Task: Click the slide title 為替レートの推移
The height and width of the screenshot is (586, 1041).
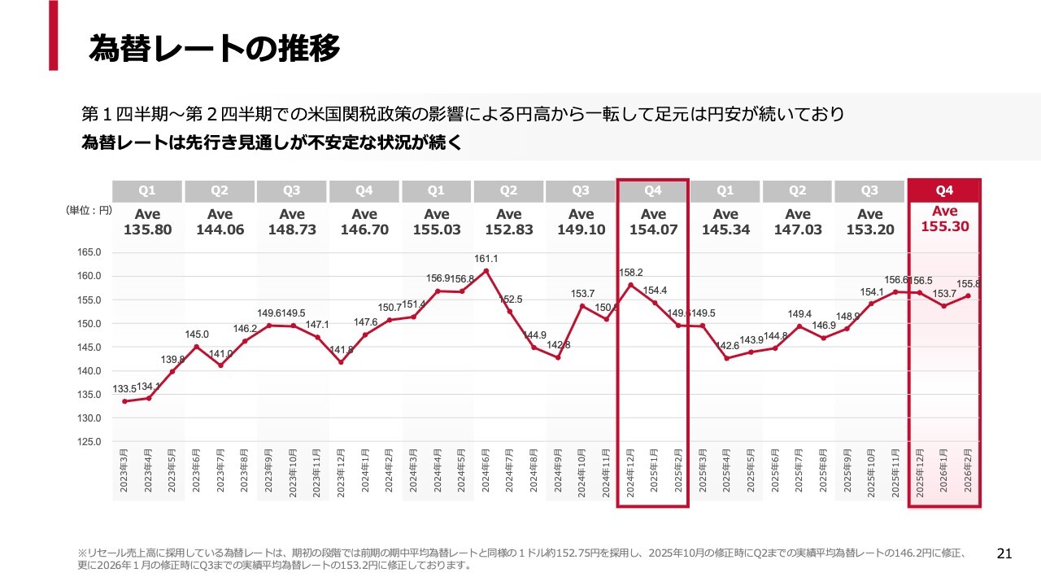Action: click(x=214, y=49)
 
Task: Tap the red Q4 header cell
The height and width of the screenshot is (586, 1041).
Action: click(x=944, y=190)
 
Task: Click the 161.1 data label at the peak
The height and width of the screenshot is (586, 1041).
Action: click(x=486, y=259)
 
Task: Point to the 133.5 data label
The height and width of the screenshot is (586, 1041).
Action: click(x=123, y=389)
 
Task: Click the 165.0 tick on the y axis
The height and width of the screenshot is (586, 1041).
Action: click(x=89, y=252)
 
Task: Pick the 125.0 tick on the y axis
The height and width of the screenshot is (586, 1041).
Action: click(x=89, y=442)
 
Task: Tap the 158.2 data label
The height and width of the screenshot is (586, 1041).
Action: click(x=630, y=273)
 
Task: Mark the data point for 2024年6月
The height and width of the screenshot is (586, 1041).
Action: click(x=486, y=271)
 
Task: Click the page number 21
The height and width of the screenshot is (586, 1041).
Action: click(x=1004, y=554)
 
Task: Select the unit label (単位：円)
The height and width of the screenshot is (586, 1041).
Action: click(x=89, y=210)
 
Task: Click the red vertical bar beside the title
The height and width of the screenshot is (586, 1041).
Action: click(x=53, y=35)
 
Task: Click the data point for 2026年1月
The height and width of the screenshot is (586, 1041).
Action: click(x=943, y=306)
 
